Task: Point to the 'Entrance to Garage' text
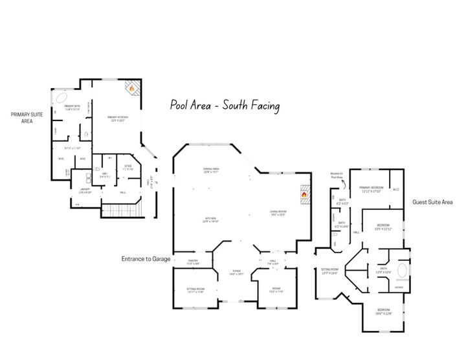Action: coord(146,259)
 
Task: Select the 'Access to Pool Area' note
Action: coord(337,175)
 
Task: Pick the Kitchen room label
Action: coord(209,219)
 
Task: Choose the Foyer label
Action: coord(237,272)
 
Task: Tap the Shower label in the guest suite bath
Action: coord(399,287)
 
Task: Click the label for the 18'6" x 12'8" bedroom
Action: coord(384,311)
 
